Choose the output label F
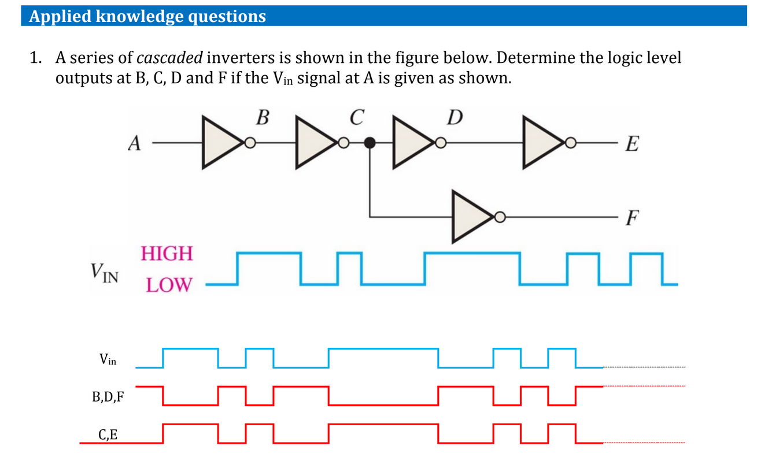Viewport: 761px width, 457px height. click(633, 218)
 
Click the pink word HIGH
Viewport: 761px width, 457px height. click(167, 253)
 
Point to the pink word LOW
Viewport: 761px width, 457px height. click(168, 284)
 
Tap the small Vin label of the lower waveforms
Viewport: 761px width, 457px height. click(108, 359)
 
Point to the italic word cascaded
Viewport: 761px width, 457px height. click(169, 58)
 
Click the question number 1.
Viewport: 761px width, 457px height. click(36, 58)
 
